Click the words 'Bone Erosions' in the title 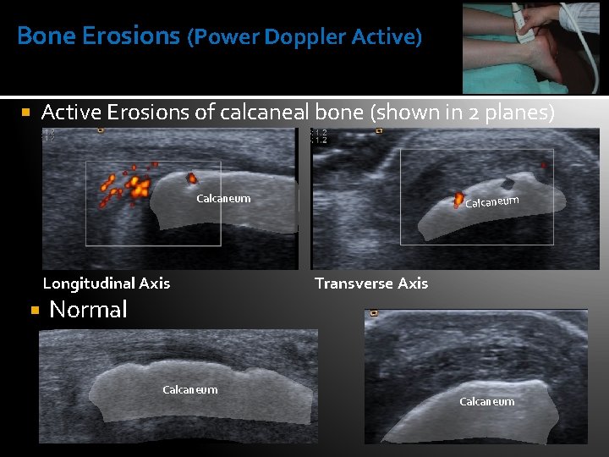[x=98, y=36]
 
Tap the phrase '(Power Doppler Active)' [x=304, y=37]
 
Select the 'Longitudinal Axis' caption [x=107, y=284]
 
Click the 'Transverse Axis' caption [x=371, y=284]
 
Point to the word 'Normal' [x=88, y=310]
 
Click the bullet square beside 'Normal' [x=35, y=311]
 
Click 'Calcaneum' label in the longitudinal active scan [x=223, y=199]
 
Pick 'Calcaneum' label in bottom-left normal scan [x=189, y=390]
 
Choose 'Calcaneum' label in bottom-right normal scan [x=486, y=402]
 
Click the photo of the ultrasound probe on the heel [x=530, y=47]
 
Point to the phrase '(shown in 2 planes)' [x=463, y=112]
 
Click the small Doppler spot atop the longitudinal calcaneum [x=192, y=178]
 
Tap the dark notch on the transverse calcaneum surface [x=507, y=184]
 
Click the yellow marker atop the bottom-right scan [x=374, y=313]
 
